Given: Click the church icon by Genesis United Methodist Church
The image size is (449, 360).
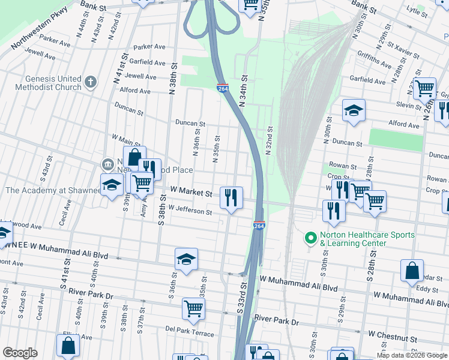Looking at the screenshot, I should click(91, 82).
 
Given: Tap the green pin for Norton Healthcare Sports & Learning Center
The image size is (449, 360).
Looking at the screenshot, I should click(310, 239).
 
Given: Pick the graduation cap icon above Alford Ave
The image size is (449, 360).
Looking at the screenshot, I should click(354, 110).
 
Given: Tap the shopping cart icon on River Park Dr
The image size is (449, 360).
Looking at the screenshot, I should click(193, 308).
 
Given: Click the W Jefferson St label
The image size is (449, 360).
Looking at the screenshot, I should click(190, 211).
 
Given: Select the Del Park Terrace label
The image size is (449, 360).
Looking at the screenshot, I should click(189, 330).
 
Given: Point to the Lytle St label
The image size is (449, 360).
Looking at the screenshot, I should click(416, 10).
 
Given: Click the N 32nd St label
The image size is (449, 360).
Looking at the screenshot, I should click(270, 140).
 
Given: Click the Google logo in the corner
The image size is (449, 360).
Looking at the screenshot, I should click(20, 353).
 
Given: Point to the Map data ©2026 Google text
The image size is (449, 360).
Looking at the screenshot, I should click(412, 355).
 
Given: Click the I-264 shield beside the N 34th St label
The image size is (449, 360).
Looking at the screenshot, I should click(223, 88).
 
